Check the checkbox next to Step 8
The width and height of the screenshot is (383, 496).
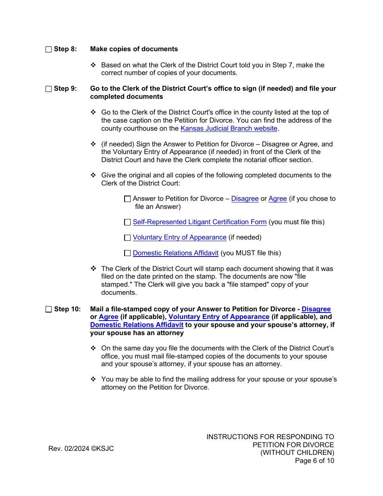pyautogui.click(x=49, y=49)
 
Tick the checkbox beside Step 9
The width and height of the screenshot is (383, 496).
pyautogui.click(x=49, y=89)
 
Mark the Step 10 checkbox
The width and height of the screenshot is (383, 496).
pyautogui.click(x=49, y=309)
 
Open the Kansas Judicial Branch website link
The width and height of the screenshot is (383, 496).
pyautogui.click(x=229, y=128)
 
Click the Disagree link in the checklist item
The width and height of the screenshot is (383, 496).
pyautogui.click(x=245, y=199)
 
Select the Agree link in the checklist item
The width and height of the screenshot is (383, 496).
pyautogui.click(x=277, y=199)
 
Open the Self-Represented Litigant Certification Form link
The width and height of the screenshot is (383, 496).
pyautogui.click(x=200, y=222)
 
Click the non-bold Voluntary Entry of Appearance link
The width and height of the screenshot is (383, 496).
pyautogui.click(x=179, y=238)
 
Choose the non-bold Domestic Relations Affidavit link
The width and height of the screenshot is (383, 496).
pyautogui.click(x=175, y=253)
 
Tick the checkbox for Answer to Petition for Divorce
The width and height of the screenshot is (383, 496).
pyautogui.click(x=127, y=199)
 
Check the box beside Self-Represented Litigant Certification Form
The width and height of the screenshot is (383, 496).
pyautogui.click(x=127, y=222)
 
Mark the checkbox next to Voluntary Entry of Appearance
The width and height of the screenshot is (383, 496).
pyautogui.click(x=127, y=238)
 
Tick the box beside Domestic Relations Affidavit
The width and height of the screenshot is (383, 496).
pyautogui.click(x=127, y=253)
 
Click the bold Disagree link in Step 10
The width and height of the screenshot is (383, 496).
pyautogui.click(x=316, y=309)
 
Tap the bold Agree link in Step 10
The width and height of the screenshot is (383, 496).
pyautogui.click(x=108, y=317)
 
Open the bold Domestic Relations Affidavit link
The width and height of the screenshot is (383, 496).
pyautogui.click(x=137, y=325)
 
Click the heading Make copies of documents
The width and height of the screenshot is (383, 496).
pyautogui.click(x=134, y=49)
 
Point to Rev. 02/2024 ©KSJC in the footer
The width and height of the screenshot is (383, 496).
pyautogui.click(x=81, y=449)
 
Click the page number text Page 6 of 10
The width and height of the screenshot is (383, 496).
pyautogui.click(x=314, y=461)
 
